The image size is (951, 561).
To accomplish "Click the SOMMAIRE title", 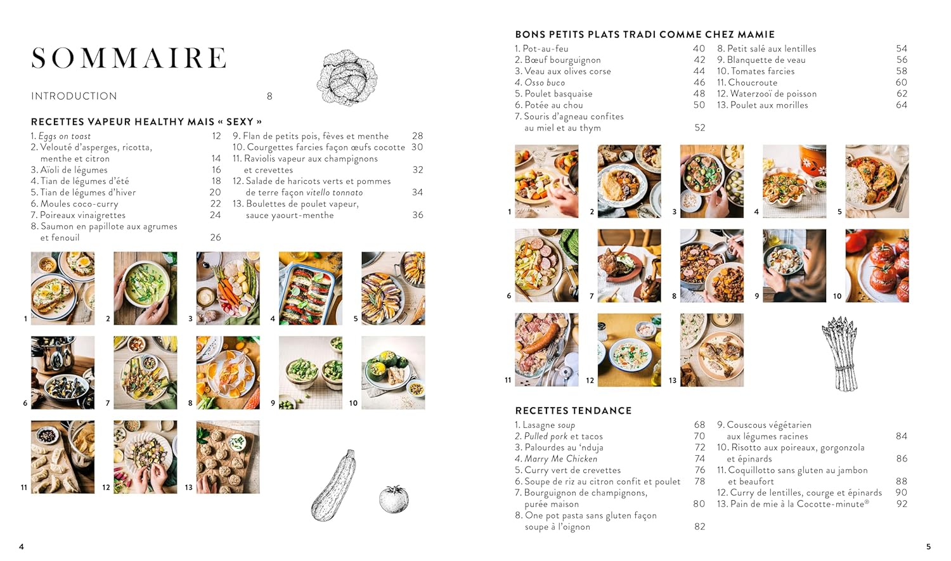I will (x=129, y=58).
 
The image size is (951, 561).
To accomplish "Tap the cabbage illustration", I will (x=346, y=78).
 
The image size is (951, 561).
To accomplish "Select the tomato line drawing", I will (x=394, y=499).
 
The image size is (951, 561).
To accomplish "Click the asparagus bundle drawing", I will (x=841, y=354).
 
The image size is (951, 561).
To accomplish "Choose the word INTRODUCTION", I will (x=74, y=96).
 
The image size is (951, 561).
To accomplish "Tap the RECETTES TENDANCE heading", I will (x=573, y=411).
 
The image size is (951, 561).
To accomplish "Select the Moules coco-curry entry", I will (x=79, y=204).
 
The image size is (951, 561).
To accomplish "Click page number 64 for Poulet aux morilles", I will (x=902, y=105).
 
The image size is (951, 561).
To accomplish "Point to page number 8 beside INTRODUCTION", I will (x=269, y=96).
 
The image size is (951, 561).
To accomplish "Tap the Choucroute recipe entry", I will (x=753, y=82).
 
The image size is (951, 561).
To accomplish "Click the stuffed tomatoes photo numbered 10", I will (x=877, y=266).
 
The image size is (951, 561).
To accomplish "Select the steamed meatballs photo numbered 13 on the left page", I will (x=228, y=457).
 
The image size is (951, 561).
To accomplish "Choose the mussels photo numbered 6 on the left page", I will (x=63, y=373).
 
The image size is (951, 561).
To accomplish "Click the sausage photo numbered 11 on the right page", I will (x=547, y=350).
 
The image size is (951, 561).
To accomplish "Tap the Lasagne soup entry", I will (x=549, y=425).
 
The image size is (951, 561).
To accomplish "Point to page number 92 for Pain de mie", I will (x=902, y=504).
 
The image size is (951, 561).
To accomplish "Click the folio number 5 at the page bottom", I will (x=928, y=546).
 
